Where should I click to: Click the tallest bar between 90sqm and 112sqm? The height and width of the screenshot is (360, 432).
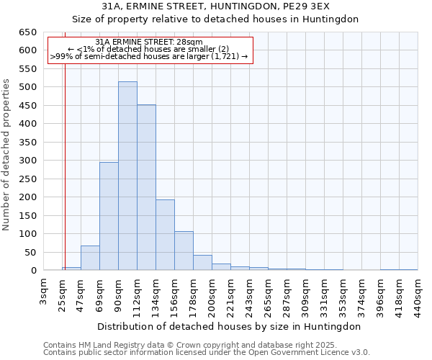(127, 176)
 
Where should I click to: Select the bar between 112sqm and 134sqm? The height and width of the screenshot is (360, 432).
(146, 188)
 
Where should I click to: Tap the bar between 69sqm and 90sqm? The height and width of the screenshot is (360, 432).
(109, 216)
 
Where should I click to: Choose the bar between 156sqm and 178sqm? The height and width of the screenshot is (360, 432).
(184, 251)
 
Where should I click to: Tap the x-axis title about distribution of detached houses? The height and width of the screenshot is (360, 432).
(230, 326)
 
